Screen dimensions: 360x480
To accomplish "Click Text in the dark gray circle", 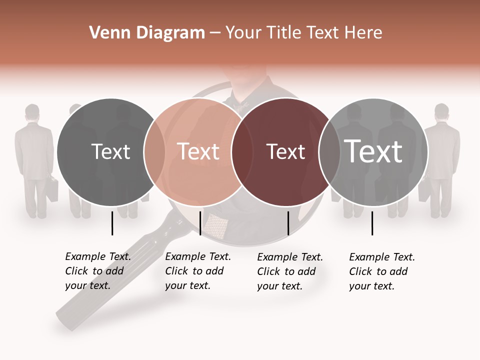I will (x=111, y=152).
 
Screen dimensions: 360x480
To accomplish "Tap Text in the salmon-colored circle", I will (x=198, y=152).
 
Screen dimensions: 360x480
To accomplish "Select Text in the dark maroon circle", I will (x=285, y=152).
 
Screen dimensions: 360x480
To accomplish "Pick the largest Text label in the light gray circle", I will (x=373, y=151).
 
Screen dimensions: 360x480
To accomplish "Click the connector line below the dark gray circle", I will (x=112, y=223).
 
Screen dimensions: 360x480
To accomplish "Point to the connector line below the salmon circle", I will (x=200, y=223).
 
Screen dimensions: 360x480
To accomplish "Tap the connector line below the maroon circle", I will (x=288, y=223).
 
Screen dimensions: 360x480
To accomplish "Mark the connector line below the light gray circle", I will (x=372, y=223).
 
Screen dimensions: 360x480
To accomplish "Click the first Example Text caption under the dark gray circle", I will (x=97, y=271).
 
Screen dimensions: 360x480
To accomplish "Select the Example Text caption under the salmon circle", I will (x=197, y=271).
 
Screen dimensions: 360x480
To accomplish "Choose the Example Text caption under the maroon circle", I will (x=289, y=271).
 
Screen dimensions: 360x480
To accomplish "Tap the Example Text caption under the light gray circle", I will (x=381, y=271).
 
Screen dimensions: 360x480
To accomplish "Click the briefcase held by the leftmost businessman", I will (x=52, y=189).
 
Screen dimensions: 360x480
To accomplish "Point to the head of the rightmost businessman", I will (x=441, y=112).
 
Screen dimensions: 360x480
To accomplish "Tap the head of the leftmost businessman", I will (x=32, y=112).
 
